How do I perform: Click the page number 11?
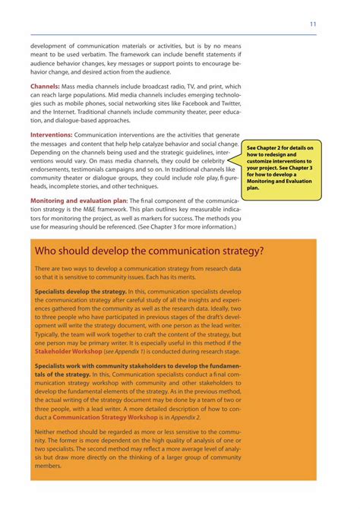[312, 24]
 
